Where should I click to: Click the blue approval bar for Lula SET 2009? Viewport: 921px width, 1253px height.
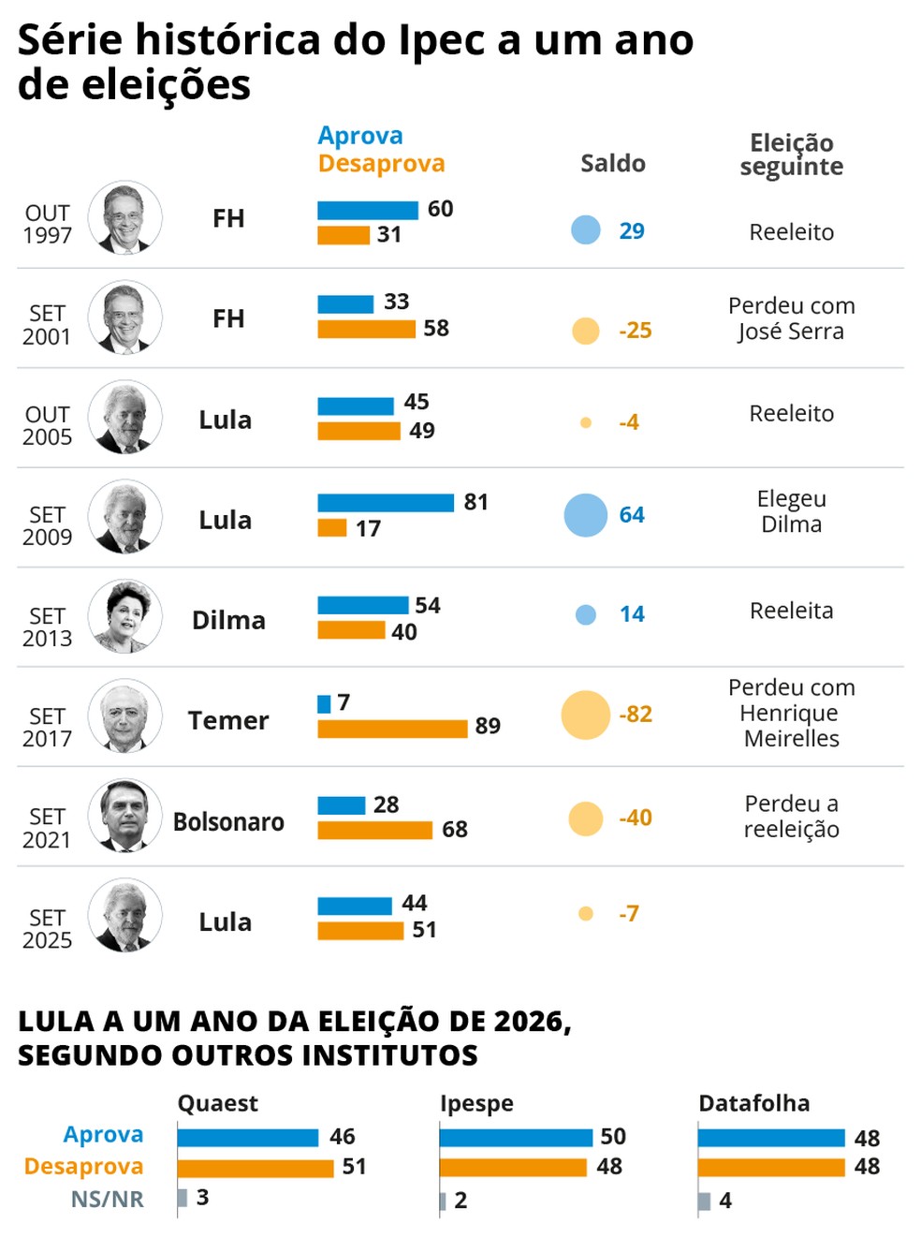point(385,503)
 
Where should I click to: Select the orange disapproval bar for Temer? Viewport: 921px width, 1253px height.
point(391,729)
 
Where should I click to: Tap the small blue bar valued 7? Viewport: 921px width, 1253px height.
point(324,703)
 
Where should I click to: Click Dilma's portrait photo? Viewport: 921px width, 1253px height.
point(125,616)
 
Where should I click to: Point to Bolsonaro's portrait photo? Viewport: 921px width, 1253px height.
point(125,816)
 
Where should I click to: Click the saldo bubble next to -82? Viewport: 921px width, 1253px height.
point(586,715)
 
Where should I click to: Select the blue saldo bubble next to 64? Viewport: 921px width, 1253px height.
point(586,515)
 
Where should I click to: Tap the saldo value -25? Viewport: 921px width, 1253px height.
point(635,331)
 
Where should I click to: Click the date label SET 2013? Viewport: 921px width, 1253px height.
point(47,626)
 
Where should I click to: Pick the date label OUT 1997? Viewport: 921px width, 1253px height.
point(47,224)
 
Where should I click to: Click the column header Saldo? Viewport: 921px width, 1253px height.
point(612,164)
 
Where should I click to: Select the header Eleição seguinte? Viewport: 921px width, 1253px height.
point(791,155)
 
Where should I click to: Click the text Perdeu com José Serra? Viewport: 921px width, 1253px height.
point(791,318)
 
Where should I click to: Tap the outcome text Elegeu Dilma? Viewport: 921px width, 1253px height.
point(791,511)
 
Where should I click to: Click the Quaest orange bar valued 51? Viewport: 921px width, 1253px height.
point(255,1168)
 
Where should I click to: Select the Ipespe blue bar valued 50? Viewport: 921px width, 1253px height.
point(515,1138)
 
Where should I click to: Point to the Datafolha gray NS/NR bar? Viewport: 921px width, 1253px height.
point(704,1201)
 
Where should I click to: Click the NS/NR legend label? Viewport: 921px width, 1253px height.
point(107,1199)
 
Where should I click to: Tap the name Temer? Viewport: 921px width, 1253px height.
point(227,720)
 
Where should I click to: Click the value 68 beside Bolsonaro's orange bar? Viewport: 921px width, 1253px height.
point(454,830)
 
